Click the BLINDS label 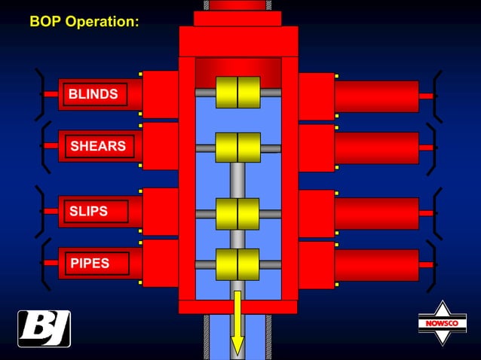(93, 94)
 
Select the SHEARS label (98, 146)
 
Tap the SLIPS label (88, 211)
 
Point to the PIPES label (90, 263)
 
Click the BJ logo (44, 329)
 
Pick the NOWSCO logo (443, 323)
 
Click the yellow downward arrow (237, 322)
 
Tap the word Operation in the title (102, 21)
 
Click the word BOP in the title (46, 21)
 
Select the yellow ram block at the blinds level (238, 92)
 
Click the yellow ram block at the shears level (238, 148)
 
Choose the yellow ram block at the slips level (237, 214)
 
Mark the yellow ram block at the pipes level (237, 264)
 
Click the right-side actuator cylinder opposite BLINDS (377, 96)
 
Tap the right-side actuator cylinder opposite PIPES (377, 265)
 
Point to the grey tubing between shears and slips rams (237, 181)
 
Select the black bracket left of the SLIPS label (39, 212)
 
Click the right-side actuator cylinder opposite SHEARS (377, 148)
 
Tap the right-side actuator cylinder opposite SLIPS (377, 214)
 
